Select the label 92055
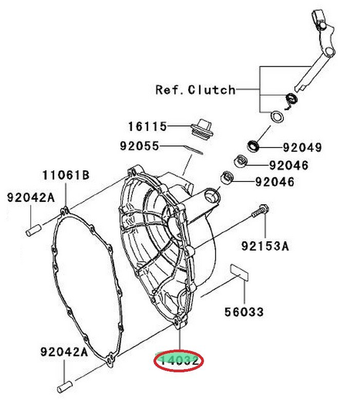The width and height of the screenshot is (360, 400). point(140,146)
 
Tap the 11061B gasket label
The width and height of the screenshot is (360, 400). point(65,176)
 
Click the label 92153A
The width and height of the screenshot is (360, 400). point(265,246)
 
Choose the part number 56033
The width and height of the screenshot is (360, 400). point(244,312)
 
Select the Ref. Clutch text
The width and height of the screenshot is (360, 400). point(195,90)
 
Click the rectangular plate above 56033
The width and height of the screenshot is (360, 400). point(239,271)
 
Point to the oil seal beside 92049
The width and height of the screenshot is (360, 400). point(253,146)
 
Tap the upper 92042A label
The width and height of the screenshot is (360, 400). point(30,197)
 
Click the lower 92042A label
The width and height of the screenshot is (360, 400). point(64,352)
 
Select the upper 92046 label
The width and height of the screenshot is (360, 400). point(289,165)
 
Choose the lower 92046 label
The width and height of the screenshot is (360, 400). point(275,181)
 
